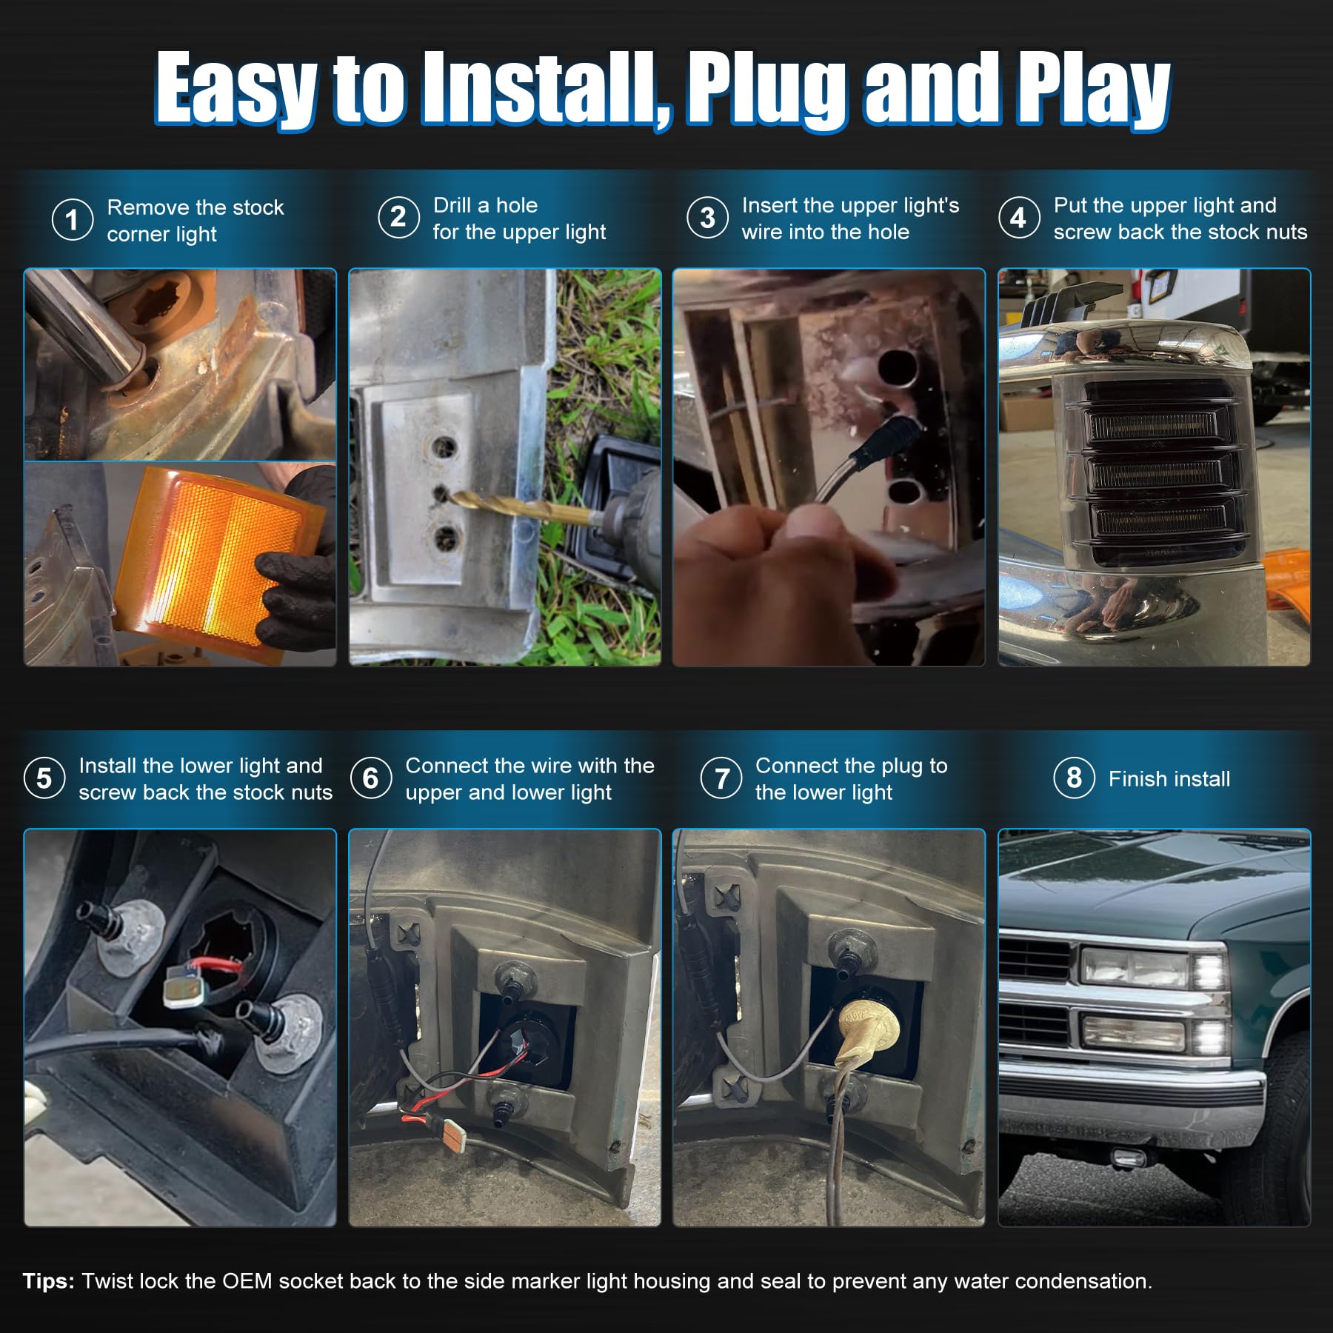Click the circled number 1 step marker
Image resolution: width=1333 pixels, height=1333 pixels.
coord(73,220)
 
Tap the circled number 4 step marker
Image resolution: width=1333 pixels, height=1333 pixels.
coord(1019,218)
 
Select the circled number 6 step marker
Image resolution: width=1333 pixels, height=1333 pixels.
coord(370,778)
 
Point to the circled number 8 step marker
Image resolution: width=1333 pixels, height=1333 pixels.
coord(1074,778)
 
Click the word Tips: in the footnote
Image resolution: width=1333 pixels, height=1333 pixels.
coord(48,1281)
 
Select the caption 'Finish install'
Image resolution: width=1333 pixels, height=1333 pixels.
coord(1169,779)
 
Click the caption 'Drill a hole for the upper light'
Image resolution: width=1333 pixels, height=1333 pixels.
coord(519,218)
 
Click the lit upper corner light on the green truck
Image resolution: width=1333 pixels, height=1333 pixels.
coord(1209,971)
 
